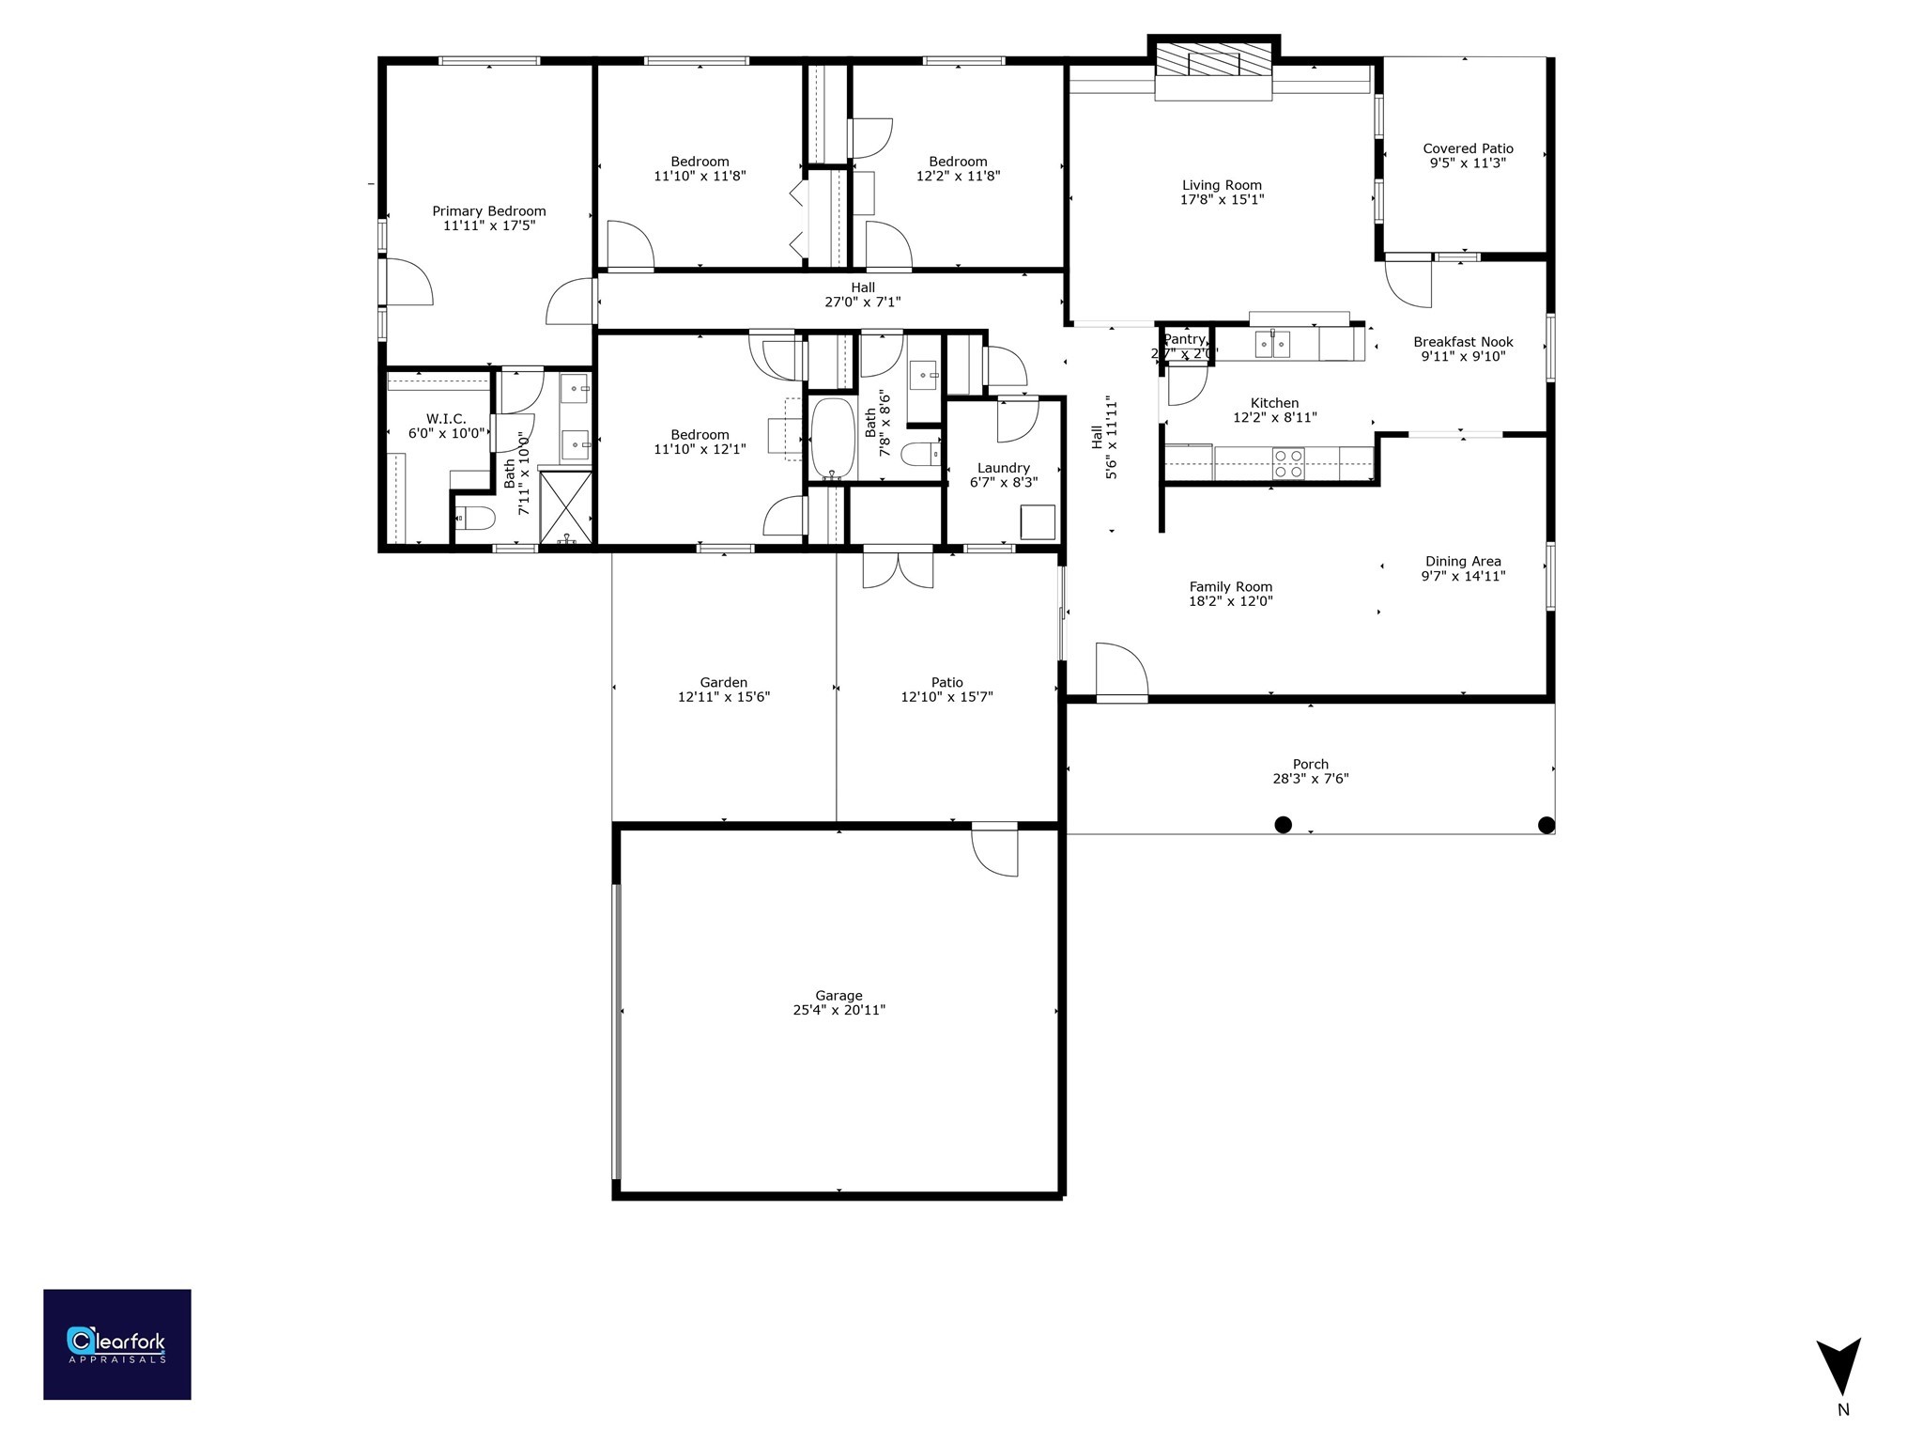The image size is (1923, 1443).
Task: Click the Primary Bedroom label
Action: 488,211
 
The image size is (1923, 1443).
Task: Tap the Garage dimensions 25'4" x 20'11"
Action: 838,1010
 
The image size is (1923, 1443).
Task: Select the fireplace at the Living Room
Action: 1213,64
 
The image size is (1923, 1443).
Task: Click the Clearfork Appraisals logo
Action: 116,1344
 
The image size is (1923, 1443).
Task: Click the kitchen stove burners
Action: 1287,463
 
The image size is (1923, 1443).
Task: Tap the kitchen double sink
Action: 1273,345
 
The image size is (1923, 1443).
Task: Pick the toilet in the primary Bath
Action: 474,517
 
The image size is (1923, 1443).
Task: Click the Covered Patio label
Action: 1468,148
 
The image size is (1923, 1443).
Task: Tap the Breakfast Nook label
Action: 1463,342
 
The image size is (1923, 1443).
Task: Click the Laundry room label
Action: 1003,468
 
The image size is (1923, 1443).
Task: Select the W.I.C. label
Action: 445,419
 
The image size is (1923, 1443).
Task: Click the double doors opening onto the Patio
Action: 898,569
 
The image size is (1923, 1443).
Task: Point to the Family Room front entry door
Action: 1122,673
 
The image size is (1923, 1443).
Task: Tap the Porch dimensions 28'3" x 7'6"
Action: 1310,779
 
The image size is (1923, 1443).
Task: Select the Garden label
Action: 723,682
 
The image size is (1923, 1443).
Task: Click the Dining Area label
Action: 1462,561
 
